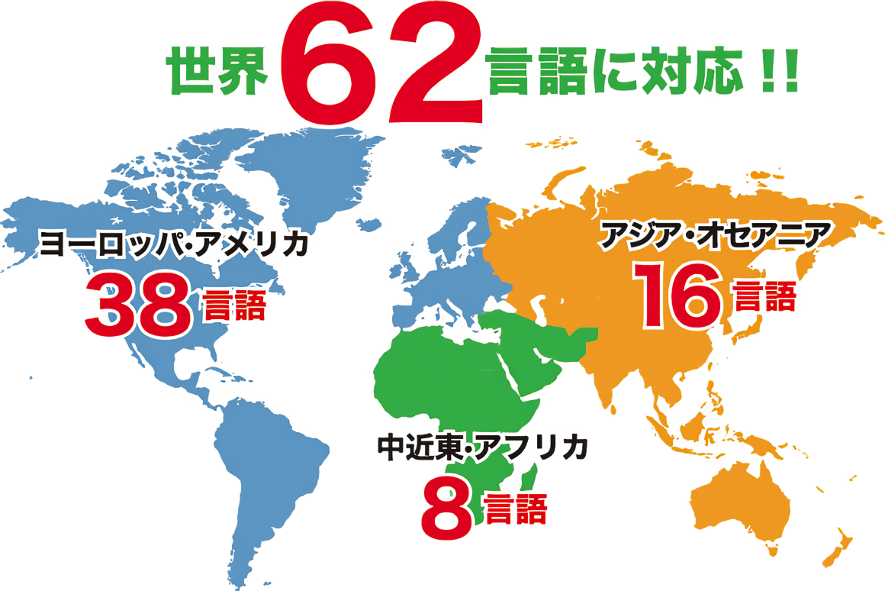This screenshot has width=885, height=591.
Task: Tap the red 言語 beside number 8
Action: point(516,509)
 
